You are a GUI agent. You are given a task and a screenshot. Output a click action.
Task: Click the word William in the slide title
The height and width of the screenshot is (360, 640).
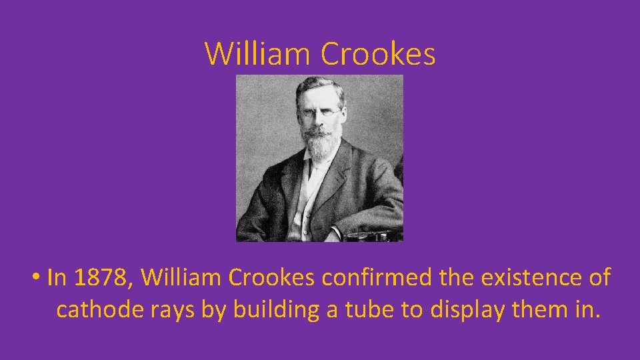coord(259,53)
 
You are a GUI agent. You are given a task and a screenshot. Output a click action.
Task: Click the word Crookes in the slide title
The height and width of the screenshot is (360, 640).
coord(378,53)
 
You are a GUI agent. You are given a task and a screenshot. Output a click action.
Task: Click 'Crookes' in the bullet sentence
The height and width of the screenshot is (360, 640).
coord(271,277)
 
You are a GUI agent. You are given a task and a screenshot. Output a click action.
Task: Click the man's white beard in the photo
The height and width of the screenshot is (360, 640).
coord(321,141)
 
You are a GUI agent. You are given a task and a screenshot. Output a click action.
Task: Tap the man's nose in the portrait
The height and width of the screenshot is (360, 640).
coord(321,119)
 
